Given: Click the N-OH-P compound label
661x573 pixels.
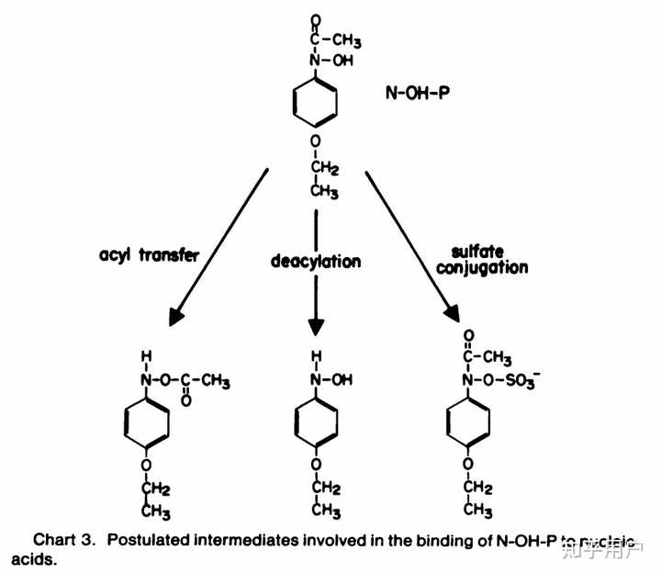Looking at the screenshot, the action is tap(425, 94).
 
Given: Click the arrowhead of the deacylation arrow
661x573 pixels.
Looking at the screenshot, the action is tap(316, 325).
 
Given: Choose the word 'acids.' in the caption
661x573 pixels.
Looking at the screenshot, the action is tap(34, 559).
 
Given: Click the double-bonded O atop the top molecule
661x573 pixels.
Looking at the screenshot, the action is tap(316, 18).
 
